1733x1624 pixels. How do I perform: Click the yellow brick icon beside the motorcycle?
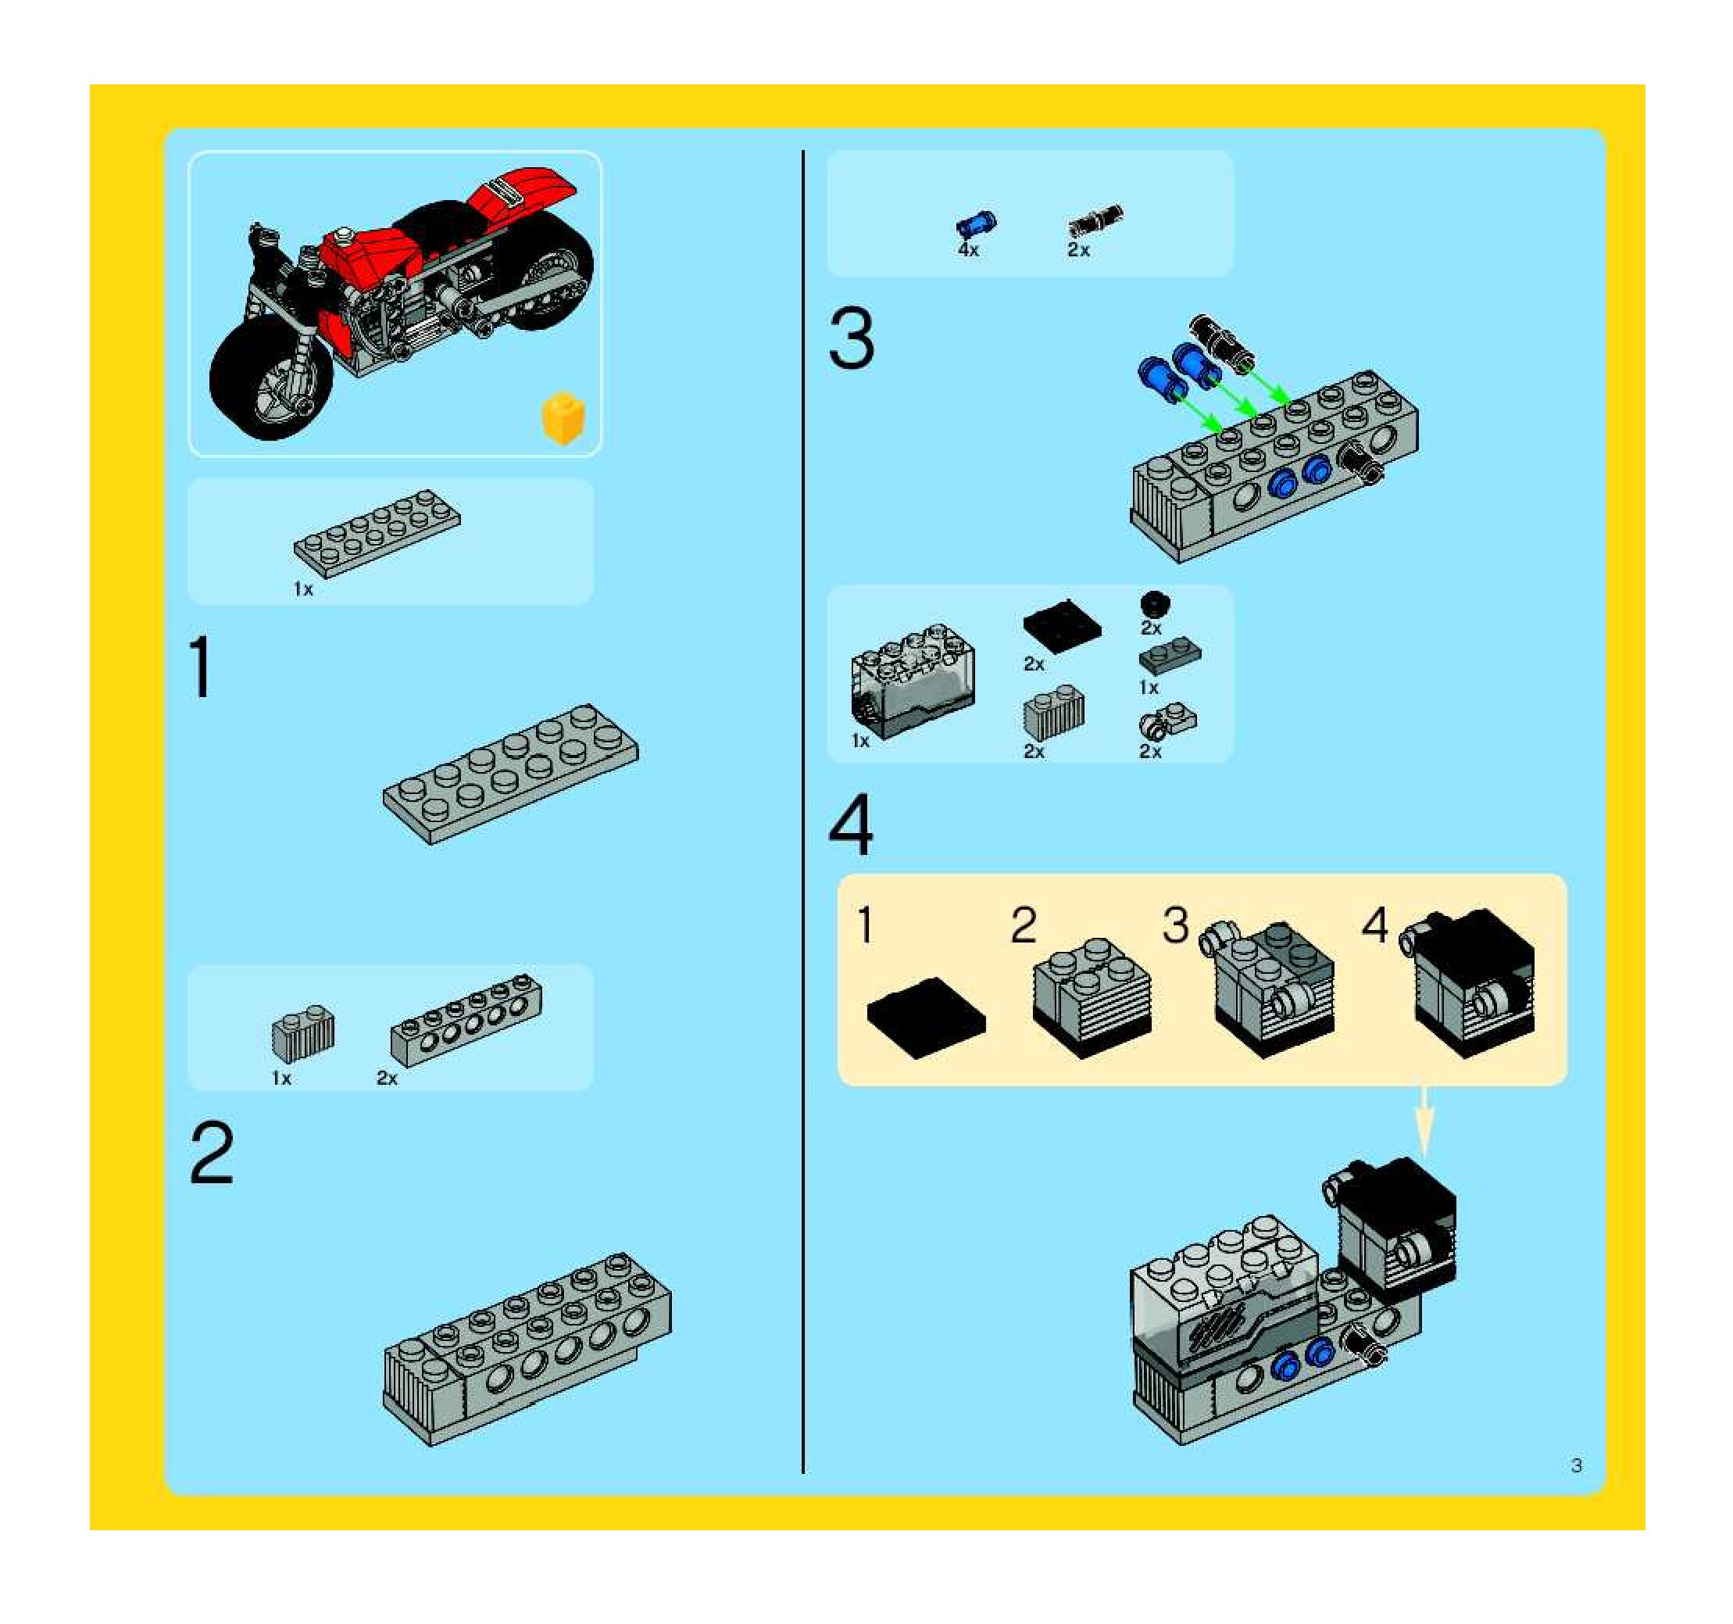563,417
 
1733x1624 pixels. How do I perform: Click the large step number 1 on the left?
202,667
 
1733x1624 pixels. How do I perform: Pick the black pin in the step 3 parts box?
1095,220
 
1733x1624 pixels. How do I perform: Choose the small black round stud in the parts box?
1155,604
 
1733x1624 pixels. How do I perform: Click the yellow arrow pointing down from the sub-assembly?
1423,1121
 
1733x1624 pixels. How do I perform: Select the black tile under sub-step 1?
926,1018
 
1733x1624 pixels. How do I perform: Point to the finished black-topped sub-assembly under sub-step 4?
1468,982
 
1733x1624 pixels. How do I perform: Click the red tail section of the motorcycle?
521,196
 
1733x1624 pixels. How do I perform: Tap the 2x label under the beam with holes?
386,1078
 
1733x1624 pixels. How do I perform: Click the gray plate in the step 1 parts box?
377,533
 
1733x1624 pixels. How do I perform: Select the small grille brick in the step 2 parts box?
302,1032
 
